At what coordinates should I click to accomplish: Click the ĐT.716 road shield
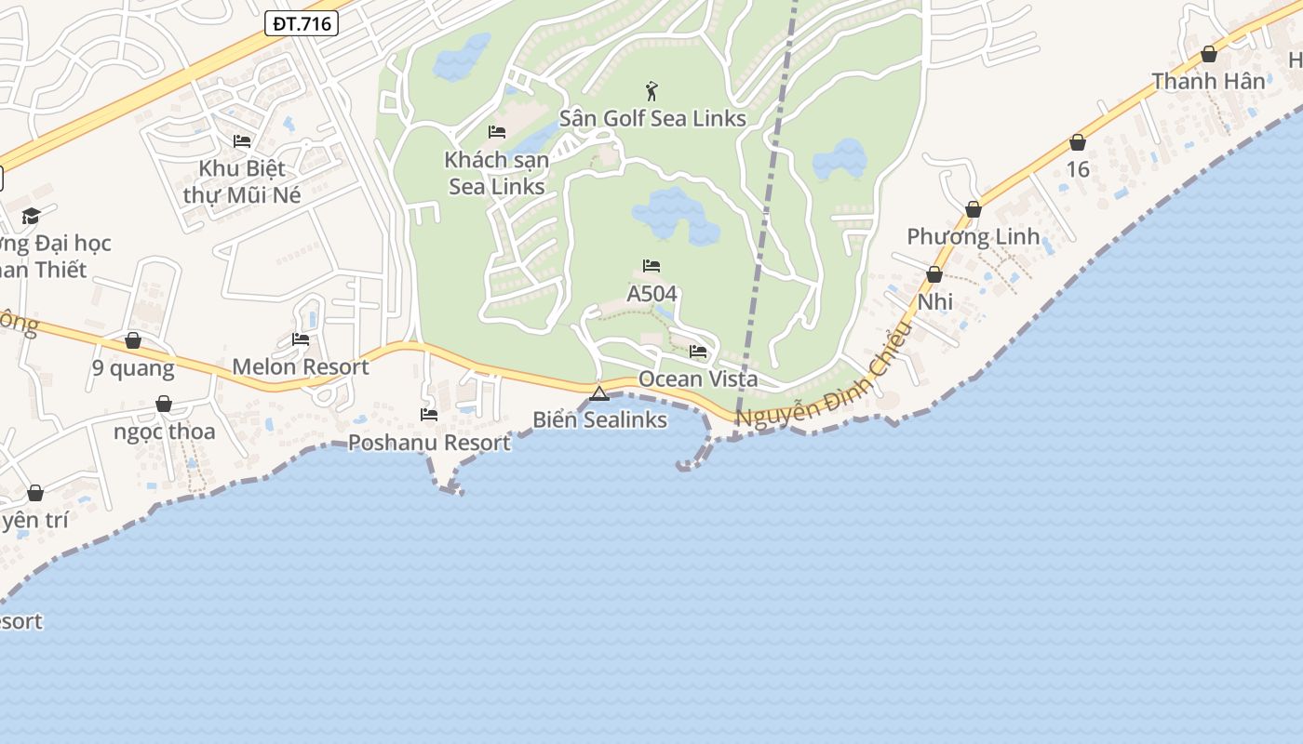pos(301,24)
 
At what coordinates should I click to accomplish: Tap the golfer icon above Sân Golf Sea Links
pos(651,91)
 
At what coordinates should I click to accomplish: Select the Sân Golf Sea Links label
pos(652,118)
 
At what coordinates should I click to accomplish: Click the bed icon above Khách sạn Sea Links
pos(497,132)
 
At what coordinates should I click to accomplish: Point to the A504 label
pos(651,294)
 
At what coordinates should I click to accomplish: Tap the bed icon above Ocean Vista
pos(698,352)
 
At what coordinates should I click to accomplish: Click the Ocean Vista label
pos(697,379)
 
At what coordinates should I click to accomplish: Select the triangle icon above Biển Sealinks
pos(599,393)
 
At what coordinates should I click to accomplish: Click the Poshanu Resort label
pos(429,443)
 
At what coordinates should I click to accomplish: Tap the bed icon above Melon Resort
pos(301,339)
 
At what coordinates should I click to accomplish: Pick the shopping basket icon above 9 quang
pos(133,340)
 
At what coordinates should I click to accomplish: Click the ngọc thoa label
pos(164,432)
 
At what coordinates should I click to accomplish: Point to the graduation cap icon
pos(32,216)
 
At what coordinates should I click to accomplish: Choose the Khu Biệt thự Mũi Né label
pos(235,182)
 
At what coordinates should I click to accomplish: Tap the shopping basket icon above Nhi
pos(934,274)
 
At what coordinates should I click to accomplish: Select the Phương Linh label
pos(973,236)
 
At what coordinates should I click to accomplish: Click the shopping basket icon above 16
pos(1078,142)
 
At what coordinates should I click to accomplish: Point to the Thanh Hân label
pos(1208,81)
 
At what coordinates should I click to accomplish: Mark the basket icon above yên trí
pos(35,493)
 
